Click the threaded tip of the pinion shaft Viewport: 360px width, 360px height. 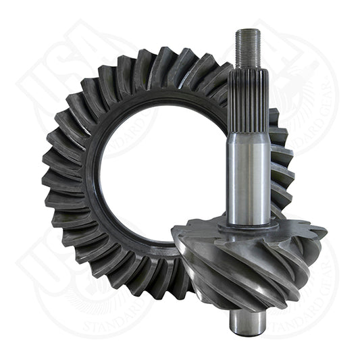tap(247, 47)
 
